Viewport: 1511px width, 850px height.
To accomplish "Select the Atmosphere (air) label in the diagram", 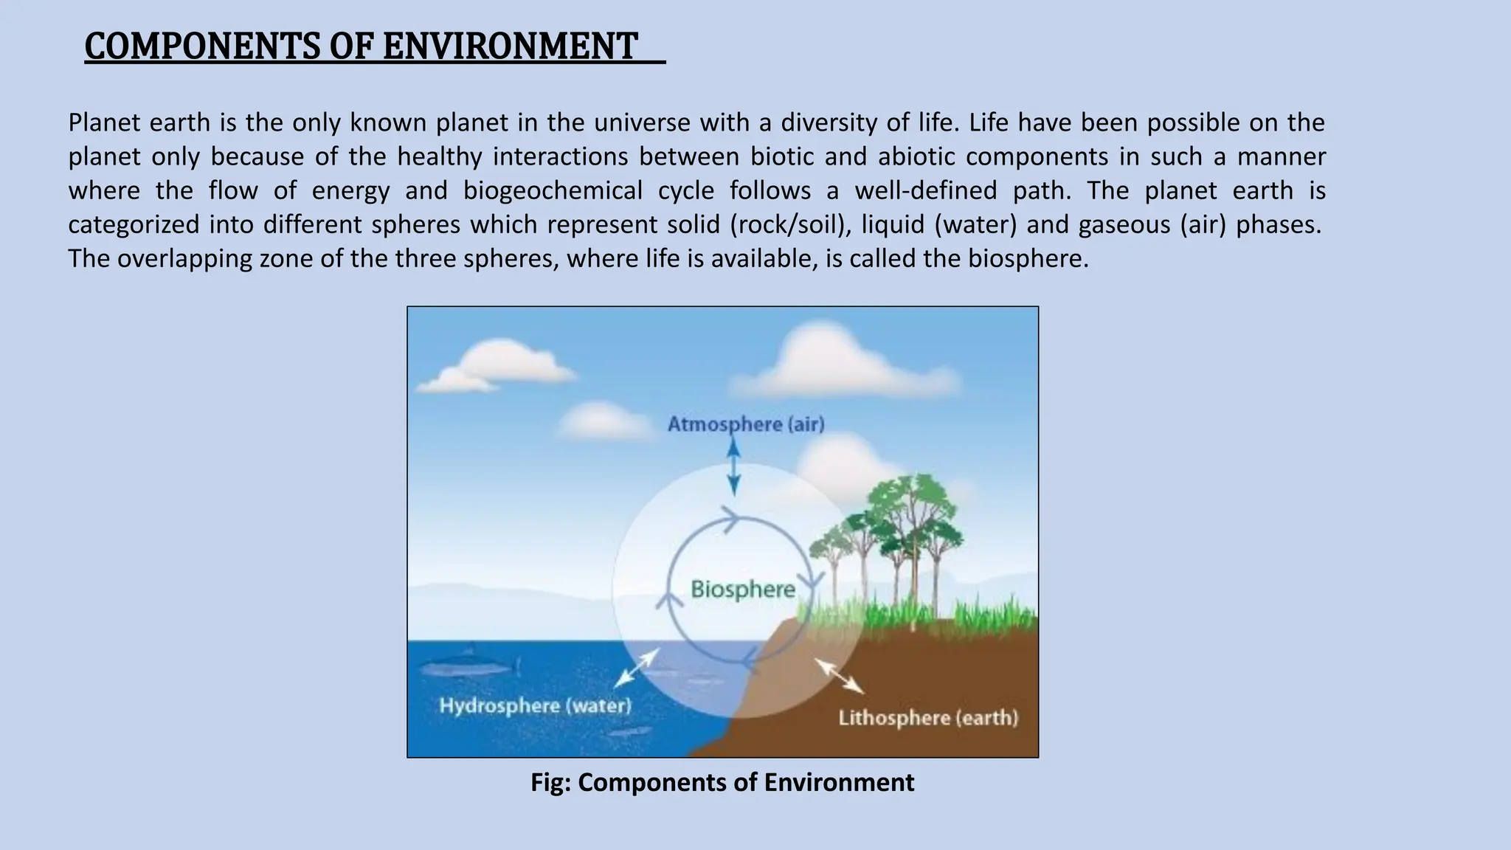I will (746, 424).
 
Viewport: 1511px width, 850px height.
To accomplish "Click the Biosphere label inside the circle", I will (743, 590).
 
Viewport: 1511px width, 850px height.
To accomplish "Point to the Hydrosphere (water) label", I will (536, 705).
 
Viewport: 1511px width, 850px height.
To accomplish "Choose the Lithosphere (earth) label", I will (928, 718).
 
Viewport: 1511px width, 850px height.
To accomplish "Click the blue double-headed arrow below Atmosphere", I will (733, 466).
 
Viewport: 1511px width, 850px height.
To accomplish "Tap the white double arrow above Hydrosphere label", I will (637, 667).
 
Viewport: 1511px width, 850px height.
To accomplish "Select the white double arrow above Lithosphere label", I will (840, 675).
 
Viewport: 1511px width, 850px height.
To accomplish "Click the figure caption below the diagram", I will (722, 782).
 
